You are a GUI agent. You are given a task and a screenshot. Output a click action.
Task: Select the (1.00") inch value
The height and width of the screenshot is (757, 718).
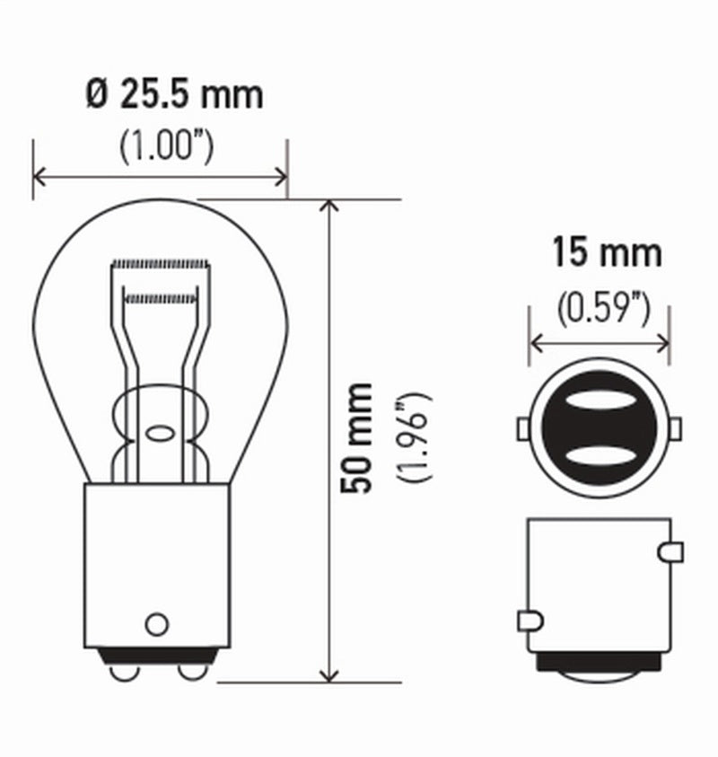(x=167, y=146)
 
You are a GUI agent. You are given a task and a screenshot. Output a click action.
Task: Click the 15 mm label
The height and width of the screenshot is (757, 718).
(x=606, y=253)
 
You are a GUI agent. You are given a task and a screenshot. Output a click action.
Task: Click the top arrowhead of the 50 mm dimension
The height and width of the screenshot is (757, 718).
(x=330, y=206)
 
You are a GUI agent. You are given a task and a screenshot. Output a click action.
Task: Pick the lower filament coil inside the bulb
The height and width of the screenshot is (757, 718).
(x=160, y=296)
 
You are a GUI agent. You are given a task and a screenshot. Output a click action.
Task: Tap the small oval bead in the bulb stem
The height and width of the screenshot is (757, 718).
(x=160, y=434)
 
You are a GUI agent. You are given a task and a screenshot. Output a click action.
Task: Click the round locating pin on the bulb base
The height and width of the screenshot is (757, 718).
(x=157, y=623)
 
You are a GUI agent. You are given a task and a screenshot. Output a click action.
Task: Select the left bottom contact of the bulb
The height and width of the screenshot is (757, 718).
(x=124, y=671)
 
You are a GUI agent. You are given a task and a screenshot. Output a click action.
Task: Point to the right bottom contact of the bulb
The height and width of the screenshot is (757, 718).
(x=191, y=671)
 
